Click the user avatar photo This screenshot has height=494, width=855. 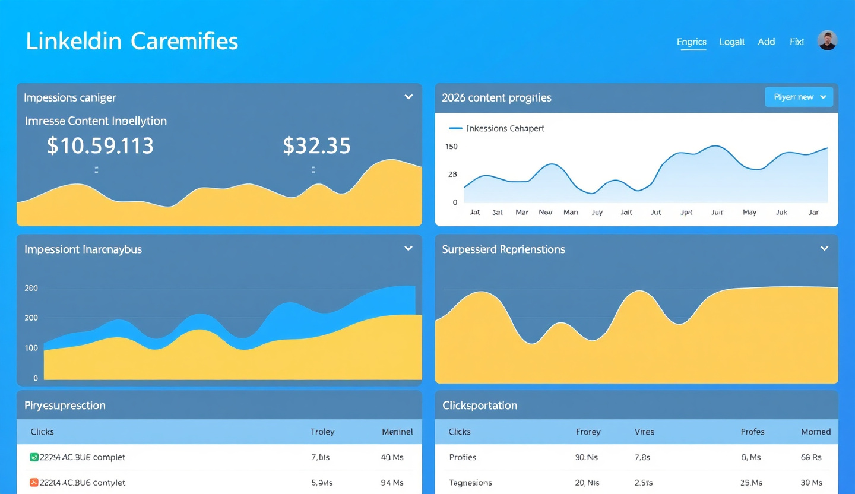tap(827, 40)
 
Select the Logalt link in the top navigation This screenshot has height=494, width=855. tap(731, 42)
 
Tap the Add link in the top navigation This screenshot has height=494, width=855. tap(767, 42)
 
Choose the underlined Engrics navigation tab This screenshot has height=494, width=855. tap(692, 42)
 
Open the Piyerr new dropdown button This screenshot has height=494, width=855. tap(799, 97)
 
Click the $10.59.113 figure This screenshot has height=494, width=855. tap(100, 145)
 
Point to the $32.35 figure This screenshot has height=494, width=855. tap(316, 145)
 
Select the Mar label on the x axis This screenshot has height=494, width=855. tap(522, 212)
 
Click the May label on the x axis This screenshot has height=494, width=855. tap(749, 212)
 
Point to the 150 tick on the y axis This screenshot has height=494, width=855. tap(451, 147)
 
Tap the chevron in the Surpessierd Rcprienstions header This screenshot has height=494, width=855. tap(824, 248)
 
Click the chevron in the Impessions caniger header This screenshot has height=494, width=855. tap(408, 97)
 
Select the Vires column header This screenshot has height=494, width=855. tap(644, 432)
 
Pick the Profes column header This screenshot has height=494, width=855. tap(752, 432)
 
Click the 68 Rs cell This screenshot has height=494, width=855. tap(811, 457)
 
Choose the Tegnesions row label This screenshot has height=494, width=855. tap(470, 483)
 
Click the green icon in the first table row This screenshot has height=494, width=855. tap(34, 457)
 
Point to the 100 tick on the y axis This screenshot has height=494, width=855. tap(31, 348)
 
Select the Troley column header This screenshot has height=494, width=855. tap(322, 432)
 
